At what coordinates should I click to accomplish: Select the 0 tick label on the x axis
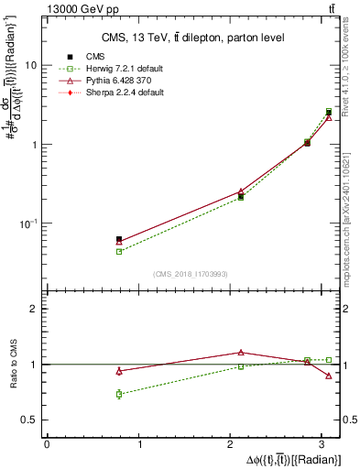47,444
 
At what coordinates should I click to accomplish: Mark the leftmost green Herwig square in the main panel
119,251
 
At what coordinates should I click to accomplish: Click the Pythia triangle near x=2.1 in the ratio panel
241,352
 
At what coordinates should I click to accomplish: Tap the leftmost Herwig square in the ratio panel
119,394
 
